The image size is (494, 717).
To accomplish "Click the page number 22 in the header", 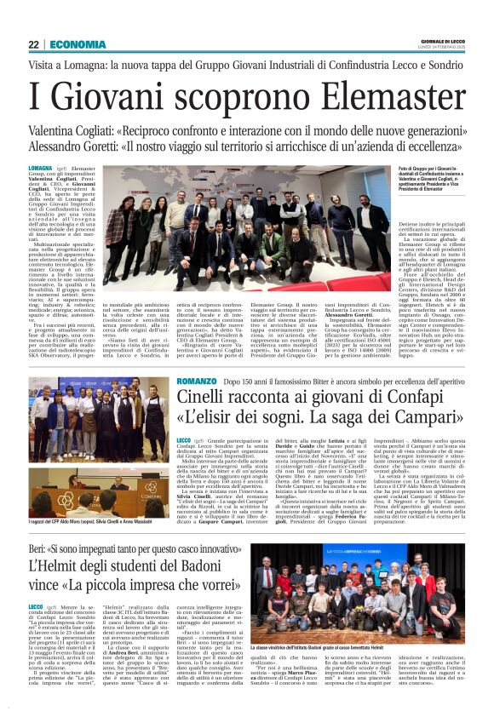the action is tap(34, 44).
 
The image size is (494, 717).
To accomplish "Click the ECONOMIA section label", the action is tap(78, 44).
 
